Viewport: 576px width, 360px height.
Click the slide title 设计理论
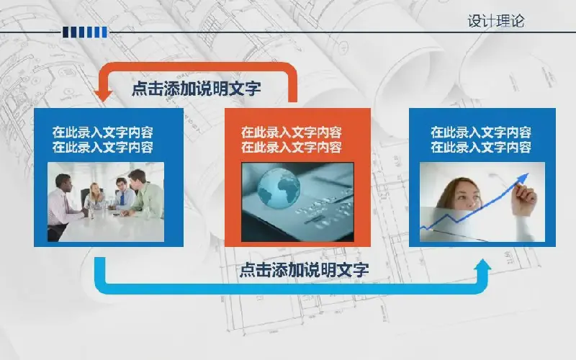click(496, 21)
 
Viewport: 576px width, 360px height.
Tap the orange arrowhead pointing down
click(103, 96)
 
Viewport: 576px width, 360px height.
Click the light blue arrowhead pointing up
click(482, 265)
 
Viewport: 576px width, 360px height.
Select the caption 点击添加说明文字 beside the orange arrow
click(196, 89)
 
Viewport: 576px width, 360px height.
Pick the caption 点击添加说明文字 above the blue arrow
click(304, 269)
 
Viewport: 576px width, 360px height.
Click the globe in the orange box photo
click(279, 189)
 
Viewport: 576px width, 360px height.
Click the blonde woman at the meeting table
click(95, 197)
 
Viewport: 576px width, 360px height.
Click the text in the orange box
click(292, 140)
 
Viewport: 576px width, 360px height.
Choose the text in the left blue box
click(102, 140)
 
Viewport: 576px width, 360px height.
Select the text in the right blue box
click(481, 140)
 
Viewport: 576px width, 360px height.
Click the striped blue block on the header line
click(85, 32)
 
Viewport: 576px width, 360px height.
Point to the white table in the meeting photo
click(110, 228)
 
